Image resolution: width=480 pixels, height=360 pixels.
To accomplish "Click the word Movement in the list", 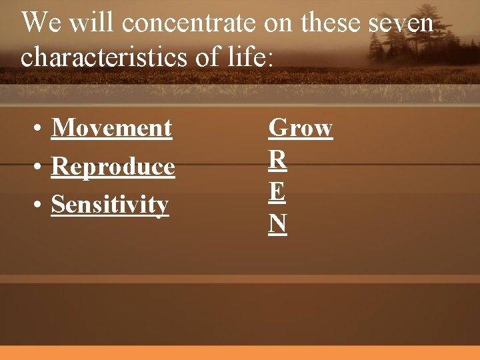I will [111, 127].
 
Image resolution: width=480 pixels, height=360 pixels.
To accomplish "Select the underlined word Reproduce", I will [113, 167].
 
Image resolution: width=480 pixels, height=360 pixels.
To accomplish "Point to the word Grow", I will [300, 127].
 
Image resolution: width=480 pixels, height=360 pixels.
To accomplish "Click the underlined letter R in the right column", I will [277, 160].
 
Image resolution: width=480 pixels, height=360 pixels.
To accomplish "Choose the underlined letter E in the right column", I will [277, 192].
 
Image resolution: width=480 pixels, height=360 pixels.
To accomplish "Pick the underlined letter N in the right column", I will [277, 224].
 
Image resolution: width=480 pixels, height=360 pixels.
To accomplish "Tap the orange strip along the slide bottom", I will [240, 353].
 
